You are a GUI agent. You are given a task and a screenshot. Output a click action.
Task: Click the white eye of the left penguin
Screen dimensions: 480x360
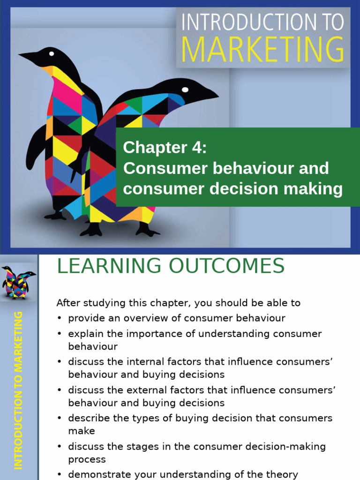pyautogui.click(x=51, y=53)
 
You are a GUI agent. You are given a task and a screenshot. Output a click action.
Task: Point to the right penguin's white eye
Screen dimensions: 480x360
pyautogui.click(x=185, y=90)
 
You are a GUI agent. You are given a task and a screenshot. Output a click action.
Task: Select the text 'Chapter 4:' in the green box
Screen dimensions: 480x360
pyautogui.click(x=165, y=148)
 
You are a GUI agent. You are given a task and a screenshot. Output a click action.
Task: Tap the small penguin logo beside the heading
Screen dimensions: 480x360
pyautogui.click(x=19, y=282)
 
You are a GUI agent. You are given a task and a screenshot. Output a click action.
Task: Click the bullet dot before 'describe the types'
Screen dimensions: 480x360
pyautogui.click(x=60, y=418)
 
